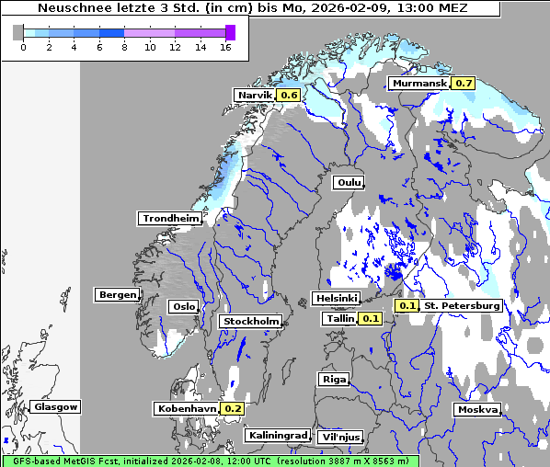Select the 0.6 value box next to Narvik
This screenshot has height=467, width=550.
tap(289, 95)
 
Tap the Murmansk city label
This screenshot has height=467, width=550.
tap(419, 83)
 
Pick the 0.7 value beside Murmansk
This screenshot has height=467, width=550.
tap(464, 83)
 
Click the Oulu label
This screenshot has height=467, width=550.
tap(349, 182)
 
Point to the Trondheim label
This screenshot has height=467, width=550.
tap(170, 218)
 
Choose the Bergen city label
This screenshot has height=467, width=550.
tap(117, 295)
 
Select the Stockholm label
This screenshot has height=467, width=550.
tap(250, 321)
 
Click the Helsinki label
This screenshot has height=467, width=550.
tap(336, 298)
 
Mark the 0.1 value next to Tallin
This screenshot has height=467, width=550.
tap(371, 318)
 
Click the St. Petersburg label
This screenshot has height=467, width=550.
tap(462, 305)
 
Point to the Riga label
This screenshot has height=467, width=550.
tap(333, 379)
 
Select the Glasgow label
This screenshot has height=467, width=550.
tap(56, 406)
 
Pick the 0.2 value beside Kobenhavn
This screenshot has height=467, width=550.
tap(233, 408)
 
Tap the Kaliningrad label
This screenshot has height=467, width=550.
tap(277, 435)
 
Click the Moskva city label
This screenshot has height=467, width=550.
tap(477, 409)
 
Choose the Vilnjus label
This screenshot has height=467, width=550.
tap(339, 437)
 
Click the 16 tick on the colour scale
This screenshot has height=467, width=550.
tap(224, 47)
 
